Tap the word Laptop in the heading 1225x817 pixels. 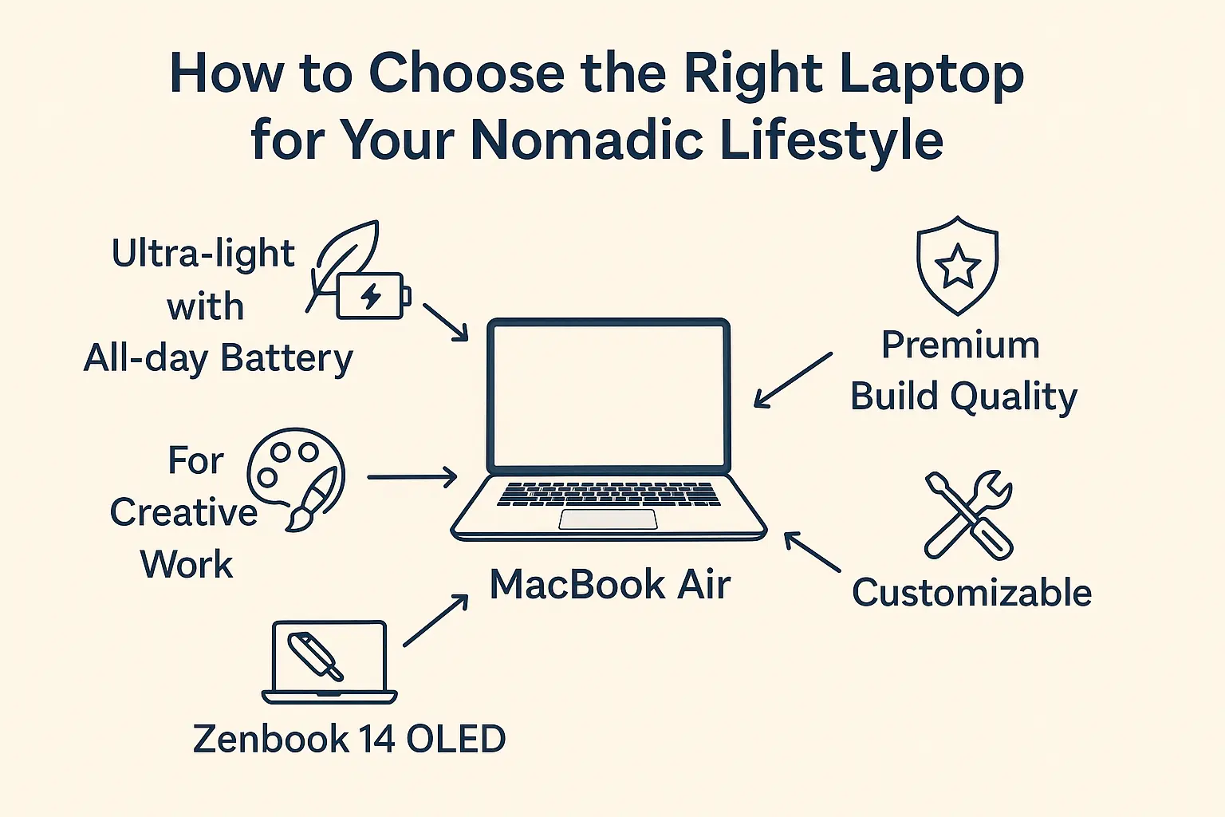pos(932,76)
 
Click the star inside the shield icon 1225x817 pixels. pos(958,266)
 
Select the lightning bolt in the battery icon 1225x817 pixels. pos(371,297)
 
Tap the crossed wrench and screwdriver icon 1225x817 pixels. pos(968,515)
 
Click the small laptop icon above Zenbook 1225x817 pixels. pos(329,662)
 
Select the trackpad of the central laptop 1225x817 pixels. pos(608,519)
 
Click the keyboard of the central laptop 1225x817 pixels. pos(609,494)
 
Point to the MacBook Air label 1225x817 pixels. pos(610,585)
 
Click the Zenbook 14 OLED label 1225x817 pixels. pos(349,739)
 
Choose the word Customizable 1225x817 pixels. pos(972,593)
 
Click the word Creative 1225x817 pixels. pos(183,512)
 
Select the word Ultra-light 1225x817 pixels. pos(203,254)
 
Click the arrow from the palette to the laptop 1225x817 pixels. pos(412,477)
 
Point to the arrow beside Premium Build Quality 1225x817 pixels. pos(793,381)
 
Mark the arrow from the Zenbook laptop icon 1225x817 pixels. pos(436,621)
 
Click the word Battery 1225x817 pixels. pos(286,360)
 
